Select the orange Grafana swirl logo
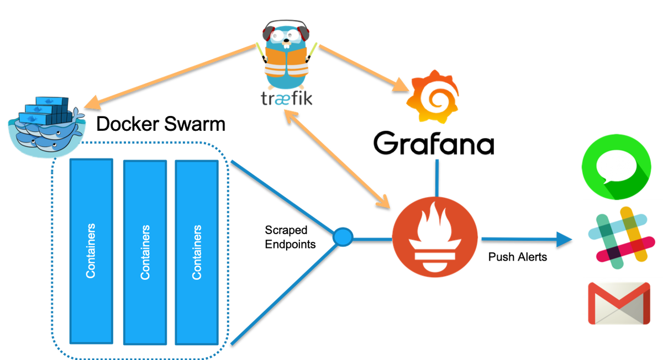433,97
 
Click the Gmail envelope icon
619,303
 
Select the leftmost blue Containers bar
91,251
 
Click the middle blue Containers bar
145,251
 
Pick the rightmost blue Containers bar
197,251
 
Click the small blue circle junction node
343,237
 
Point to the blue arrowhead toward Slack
564,239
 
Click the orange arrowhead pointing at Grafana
402,85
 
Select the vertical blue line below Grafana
437,177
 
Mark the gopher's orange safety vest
286,63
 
